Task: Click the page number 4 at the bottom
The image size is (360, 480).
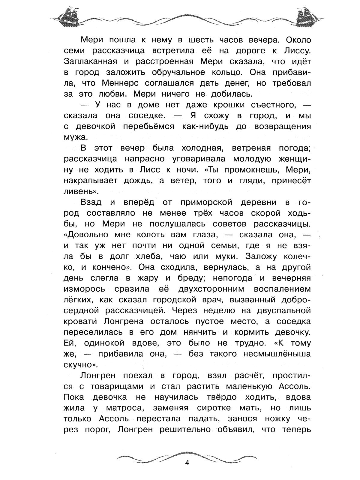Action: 187,462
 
